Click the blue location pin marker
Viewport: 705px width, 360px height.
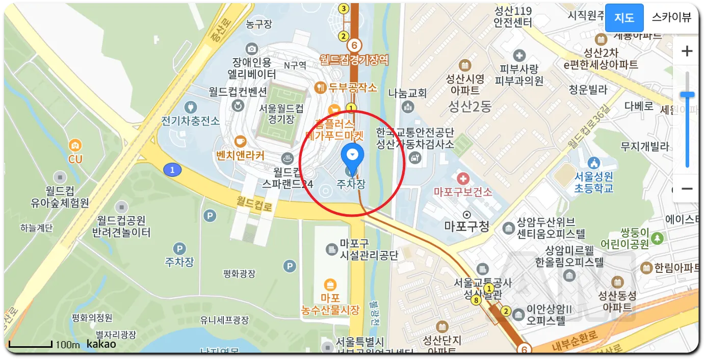click(x=352, y=155)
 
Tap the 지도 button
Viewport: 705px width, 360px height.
click(x=624, y=17)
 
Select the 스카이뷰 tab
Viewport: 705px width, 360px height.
click(x=671, y=17)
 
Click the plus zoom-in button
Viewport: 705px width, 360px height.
click(x=687, y=51)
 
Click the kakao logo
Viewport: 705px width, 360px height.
click(x=101, y=344)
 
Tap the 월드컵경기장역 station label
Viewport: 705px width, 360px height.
click(x=354, y=60)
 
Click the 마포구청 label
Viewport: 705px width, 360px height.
click(x=466, y=226)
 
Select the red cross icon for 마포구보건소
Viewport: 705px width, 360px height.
click(x=463, y=178)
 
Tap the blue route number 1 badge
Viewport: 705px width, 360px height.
click(x=172, y=170)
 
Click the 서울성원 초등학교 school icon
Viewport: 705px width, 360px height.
click(x=592, y=164)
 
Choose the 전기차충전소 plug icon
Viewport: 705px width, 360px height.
click(x=192, y=108)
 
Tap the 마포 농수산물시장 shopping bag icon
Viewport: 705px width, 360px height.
click(x=330, y=284)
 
